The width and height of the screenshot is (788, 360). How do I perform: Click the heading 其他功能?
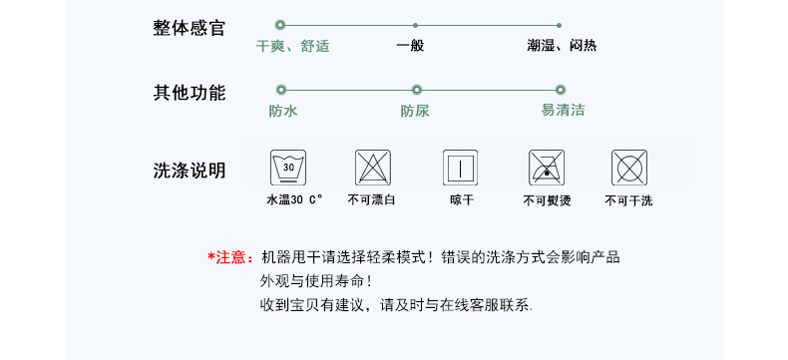point(189,94)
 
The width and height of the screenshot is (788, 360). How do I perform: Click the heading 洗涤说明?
point(189,171)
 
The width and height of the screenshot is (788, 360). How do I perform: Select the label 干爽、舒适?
point(293,46)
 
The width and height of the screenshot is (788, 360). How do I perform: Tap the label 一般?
point(410,46)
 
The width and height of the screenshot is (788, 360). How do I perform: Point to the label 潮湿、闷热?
point(563,46)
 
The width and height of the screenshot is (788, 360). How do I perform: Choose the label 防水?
point(283,111)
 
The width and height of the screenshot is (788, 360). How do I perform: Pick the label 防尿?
point(415,111)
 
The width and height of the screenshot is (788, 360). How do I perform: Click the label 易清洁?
point(563,111)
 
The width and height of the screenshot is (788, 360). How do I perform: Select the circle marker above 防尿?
point(417,90)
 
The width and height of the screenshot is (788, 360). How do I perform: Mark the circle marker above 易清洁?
point(559,90)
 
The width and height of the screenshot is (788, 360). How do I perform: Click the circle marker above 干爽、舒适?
point(280,24)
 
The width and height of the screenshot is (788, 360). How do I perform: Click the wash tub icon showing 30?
point(289,167)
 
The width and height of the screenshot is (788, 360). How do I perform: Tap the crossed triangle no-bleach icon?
point(373,167)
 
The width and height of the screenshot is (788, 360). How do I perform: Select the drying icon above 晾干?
point(461,167)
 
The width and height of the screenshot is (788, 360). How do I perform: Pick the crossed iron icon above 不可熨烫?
point(545,167)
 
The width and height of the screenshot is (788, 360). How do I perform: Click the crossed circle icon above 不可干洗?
point(628,167)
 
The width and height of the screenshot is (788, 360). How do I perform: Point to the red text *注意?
point(230,257)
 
